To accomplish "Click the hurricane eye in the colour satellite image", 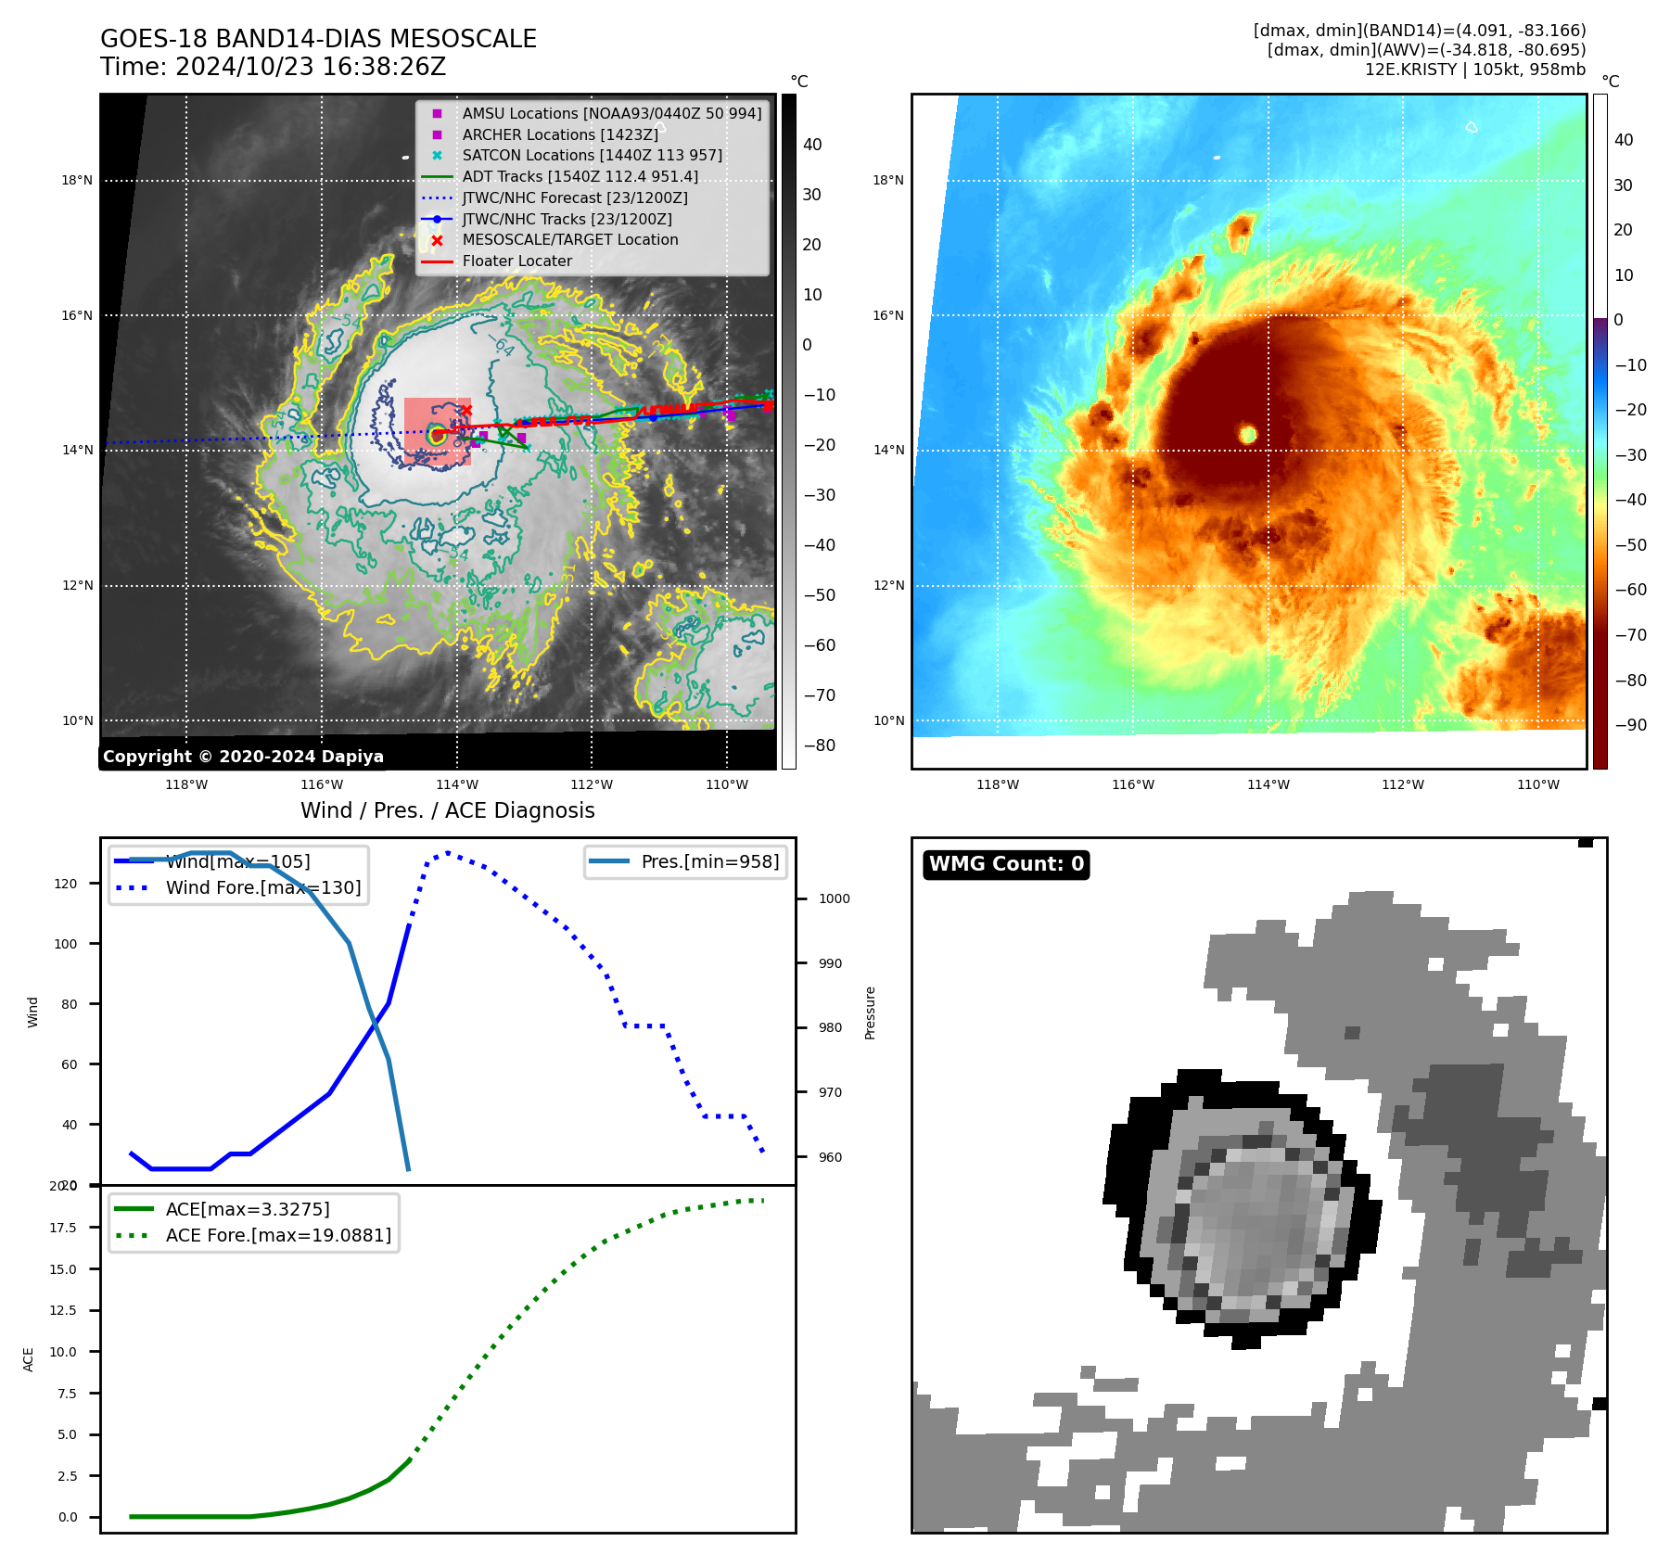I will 1247,434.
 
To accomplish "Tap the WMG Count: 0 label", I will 1006,864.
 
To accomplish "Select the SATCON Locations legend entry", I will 592,156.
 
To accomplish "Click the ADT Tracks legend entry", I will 580,177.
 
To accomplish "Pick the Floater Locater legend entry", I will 516,261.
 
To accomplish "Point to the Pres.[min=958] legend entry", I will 709,862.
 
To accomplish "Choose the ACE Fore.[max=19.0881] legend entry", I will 278,1236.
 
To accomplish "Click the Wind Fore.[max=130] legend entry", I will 262,888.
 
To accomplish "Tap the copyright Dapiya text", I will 243,757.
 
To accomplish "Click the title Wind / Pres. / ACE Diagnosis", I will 447,811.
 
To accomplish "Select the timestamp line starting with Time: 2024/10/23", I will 273,68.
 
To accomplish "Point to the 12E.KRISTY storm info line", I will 1474,70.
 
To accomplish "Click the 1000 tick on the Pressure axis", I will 834,898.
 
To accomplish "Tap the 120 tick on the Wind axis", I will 66,884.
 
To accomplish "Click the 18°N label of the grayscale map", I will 77,181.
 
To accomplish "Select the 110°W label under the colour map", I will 1537,785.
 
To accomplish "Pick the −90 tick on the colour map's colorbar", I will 1630,725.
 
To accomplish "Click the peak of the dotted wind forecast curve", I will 448,852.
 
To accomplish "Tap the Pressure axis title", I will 870,1013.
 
